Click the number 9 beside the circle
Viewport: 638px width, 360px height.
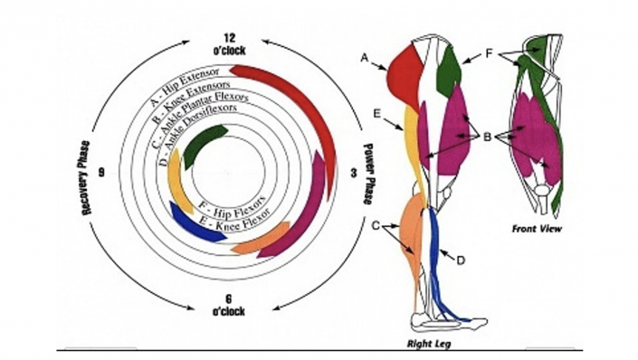tap(101, 173)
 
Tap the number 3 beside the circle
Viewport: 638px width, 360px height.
tap(353, 174)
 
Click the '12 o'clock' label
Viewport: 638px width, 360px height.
tap(229, 44)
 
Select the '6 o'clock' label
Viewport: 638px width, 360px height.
tap(229, 306)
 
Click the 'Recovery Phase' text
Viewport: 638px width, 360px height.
tap(86, 178)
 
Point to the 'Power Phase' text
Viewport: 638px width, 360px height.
tap(368, 174)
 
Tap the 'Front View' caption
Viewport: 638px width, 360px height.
tap(537, 229)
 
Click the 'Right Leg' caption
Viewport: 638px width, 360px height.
tap(429, 344)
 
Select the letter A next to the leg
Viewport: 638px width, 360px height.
tap(365, 58)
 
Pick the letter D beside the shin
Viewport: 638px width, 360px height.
tap(461, 261)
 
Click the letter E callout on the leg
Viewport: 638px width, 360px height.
tap(377, 113)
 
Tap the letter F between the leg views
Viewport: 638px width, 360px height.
tap(489, 53)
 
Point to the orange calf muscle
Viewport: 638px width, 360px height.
tap(413, 236)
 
